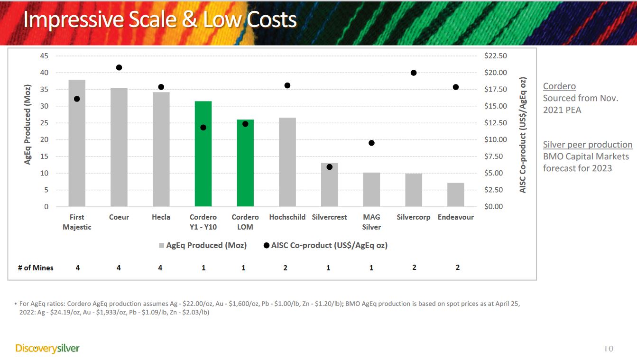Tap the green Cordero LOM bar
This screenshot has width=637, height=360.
pyautogui.click(x=245, y=163)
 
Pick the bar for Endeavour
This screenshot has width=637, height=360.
pyautogui.click(x=455, y=195)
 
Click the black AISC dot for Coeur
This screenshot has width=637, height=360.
pyautogui.click(x=119, y=67)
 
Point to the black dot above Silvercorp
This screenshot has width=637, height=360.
pyautogui.click(x=414, y=73)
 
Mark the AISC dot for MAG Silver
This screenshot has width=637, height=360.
pyautogui.click(x=371, y=143)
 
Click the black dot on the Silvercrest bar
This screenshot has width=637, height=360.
pyautogui.click(x=330, y=167)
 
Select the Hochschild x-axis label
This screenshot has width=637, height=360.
pyautogui.click(x=287, y=217)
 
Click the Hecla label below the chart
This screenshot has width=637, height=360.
pyautogui.click(x=161, y=217)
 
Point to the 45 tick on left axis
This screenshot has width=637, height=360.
pyautogui.click(x=44, y=56)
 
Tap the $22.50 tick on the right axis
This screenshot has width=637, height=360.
pyautogui.click(x=495, y=56)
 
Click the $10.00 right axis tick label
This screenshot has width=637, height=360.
pyautogui.click(x=495, y=140)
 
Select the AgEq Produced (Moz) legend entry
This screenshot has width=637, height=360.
pyautogui.click(x=203, y=245)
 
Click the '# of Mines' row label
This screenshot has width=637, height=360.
pyautogui.click(x=36, y=268)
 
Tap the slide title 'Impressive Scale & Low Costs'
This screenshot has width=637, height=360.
pyautogui.click(x=160, y=20)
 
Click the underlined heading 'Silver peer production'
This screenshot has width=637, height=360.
pyautogui.click(x=587, y=145)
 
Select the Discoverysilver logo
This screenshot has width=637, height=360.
pyautogui.click(x=47, y=349)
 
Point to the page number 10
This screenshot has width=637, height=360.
pyautogui.click(x=608, y=349)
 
